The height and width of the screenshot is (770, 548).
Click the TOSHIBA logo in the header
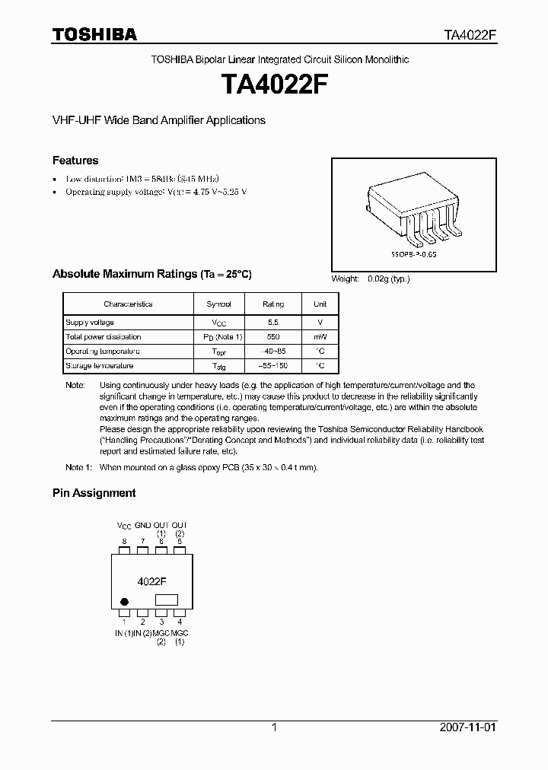click(94, 35)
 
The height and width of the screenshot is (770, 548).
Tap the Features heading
click(75, 161)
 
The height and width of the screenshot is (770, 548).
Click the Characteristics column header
click(128, 304)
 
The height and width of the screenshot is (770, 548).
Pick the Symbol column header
click(218, 304)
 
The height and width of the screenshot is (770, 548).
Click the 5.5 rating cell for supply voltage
click(273, 323)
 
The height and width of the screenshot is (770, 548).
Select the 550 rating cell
click(273, 337)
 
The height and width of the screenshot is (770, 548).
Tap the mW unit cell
click(320, 337)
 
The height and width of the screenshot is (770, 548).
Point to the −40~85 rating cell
click(273, 352)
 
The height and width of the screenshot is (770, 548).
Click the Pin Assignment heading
click(94, 493)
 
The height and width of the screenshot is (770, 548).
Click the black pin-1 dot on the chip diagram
click(124, 601)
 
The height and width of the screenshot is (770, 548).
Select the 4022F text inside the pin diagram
click(151, 581)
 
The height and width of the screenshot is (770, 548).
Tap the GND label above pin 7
click(142, 526)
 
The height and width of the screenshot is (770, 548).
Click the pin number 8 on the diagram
click(124, 542)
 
